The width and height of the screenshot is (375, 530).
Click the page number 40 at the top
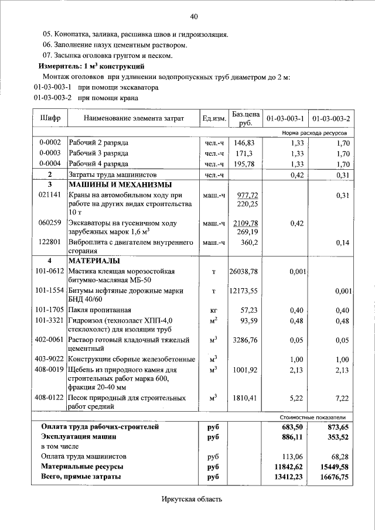[194, 15]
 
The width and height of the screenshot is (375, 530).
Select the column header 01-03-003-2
[331, 118]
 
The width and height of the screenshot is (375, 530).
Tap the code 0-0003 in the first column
[50, 153]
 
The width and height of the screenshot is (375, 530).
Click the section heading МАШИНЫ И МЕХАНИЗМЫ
[112, 185]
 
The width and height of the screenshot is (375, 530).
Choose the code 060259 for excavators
[50, 223]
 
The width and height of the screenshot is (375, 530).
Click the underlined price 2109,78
[246, 223]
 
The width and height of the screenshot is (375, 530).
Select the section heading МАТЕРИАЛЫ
[94, 261]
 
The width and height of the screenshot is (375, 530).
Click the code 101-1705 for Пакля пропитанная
[50, 310]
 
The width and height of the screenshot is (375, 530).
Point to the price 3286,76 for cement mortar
[245, 339]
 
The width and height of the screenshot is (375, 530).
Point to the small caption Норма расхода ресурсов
[314, 134]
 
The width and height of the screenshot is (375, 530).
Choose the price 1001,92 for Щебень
[245, 370]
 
